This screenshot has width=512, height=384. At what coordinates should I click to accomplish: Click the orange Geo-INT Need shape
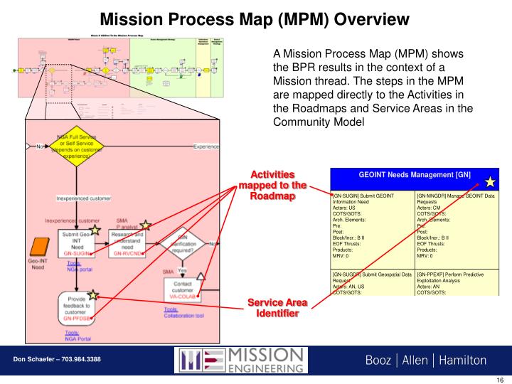(37, 248)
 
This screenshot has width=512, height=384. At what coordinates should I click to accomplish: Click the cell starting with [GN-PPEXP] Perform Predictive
(456, 282)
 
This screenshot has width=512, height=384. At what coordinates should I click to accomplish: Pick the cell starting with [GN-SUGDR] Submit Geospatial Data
(373, 282)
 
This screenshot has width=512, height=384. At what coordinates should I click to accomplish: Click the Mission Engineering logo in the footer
(242, 361)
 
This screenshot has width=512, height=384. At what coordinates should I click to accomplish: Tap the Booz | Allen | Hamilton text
(426, 360)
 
